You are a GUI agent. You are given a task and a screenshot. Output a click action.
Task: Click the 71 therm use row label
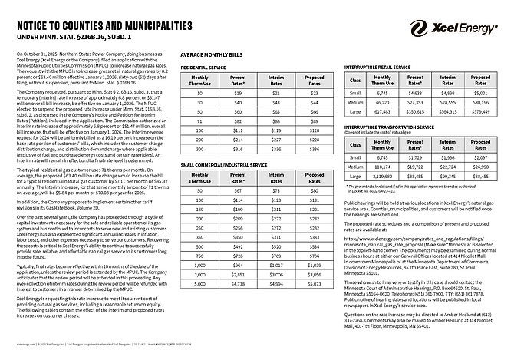199,121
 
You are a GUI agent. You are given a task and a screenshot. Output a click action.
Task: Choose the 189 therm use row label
199,207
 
